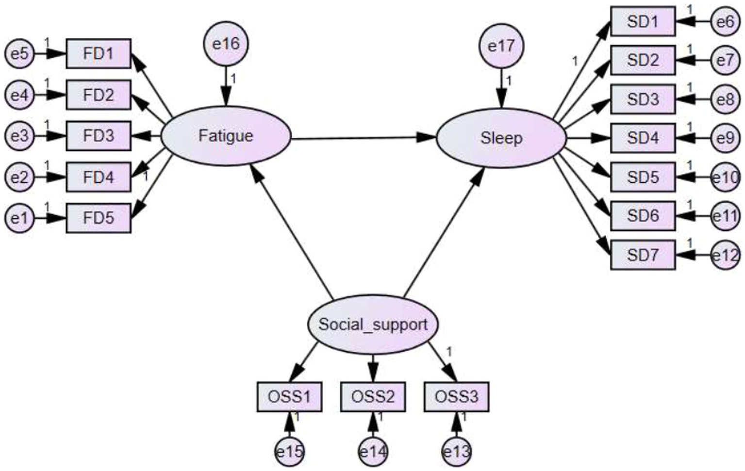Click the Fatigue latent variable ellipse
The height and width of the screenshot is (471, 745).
tap(226, 135)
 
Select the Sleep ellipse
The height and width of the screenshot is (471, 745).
tap(501, 138)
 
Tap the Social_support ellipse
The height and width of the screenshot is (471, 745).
tap(373, 324)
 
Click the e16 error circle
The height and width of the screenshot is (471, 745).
tap(226, 44)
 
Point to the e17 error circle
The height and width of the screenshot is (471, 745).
tap(501, 46)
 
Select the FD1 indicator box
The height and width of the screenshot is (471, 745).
tap(98, 53)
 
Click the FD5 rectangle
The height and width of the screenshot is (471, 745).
tap(98, 218)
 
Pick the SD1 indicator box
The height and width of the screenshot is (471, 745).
tap(643, 21)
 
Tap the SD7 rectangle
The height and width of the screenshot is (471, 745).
tap(643, 255)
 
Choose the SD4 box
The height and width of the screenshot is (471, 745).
tap(643, 138)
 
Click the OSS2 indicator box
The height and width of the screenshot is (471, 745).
tap(373, 396)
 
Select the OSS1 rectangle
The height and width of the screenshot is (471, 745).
tap(289, 396)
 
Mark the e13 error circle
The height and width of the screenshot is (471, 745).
tap(456, 452)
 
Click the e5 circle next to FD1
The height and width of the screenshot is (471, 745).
tap(19, 53)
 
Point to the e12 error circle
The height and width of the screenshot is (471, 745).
tap(726, 255)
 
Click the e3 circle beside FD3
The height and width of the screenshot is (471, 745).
tap(19, 135)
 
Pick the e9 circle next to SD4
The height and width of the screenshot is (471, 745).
tap(726, 138)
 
